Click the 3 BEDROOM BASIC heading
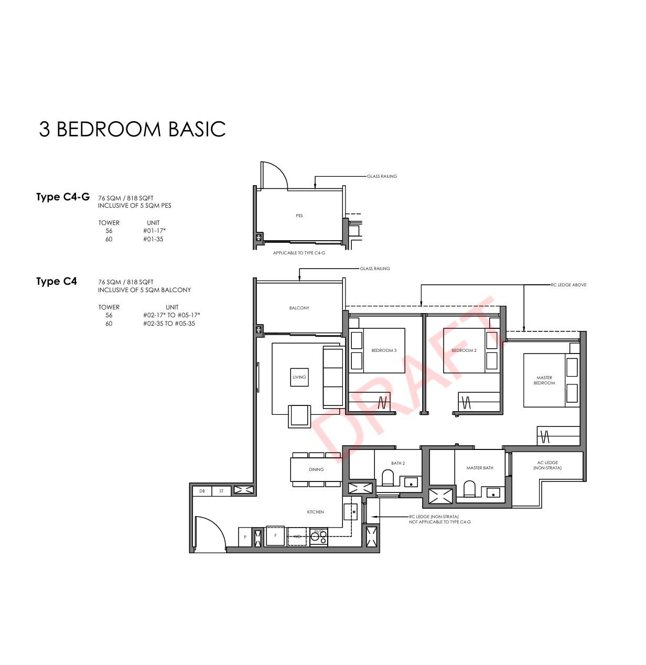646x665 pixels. [x=132, y=129]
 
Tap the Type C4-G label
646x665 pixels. [x=63, y=197]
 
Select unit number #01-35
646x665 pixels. [x=153, y=239]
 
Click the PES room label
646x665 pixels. [x=299, y=216]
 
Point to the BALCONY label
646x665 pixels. [x=299, y=308]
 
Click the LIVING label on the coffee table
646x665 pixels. [x=299, y=377]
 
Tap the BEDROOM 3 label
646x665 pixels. [x=384, y=350]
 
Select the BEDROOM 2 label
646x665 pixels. [x=464, y=350]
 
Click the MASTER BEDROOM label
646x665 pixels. [x=544, y=380]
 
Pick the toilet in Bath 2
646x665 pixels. [x=387, y=477]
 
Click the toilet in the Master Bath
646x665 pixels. [x=469, y=489]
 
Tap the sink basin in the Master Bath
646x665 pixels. [x=493, y=493]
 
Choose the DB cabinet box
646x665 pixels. [x=202, y=491]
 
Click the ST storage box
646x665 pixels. [x=221, y=491]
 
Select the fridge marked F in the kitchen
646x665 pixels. [x=275, y=536]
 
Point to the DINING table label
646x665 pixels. [x=316, y=469]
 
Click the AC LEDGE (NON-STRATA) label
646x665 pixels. [x=547, y=465]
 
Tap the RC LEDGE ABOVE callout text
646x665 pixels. [x=568, y=285]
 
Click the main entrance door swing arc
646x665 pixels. [x=215, y=526]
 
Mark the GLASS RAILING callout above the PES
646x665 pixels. [x=382, y=176]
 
